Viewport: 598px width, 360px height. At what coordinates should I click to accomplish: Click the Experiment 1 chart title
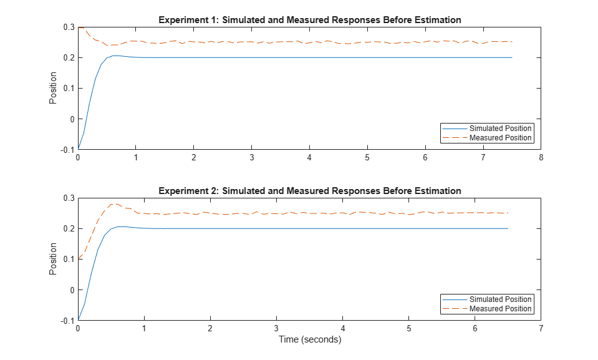tap(309, 20)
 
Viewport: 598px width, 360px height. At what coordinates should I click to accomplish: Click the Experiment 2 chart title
tap(309, 191)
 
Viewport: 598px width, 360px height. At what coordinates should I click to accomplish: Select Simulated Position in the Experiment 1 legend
tap(500, 129)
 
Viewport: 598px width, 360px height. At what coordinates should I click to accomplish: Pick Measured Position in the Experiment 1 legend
tap(500, 138)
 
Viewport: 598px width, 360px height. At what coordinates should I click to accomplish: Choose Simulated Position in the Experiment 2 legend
tap(500, 299)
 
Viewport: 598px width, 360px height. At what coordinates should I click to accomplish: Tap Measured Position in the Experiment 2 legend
tap(500, 309)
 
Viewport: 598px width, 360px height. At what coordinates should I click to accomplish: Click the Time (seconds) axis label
tap(309, 340)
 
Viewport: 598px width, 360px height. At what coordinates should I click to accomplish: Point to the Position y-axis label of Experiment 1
tap(54, 88)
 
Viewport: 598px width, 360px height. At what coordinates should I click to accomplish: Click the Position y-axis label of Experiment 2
tap(54, 259)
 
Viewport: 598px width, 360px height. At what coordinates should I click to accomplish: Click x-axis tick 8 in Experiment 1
tap(541, 158)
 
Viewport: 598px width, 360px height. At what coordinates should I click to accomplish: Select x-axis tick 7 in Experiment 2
tap(541, 329)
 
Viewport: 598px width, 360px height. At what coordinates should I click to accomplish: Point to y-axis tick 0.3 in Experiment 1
tap(67, 27)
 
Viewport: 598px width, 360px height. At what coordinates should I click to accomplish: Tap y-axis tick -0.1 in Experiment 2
tap(66, 321)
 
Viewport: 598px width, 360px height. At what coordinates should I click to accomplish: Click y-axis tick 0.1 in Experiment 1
tap(67, 89)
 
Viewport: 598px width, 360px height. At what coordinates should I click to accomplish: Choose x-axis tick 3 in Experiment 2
tap(276, 329)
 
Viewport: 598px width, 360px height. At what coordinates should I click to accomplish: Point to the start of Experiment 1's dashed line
tap(79, 27)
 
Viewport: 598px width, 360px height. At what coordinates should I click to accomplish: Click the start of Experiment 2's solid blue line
tap(78, 320)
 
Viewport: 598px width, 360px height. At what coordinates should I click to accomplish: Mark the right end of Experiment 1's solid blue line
tap(512, 57)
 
